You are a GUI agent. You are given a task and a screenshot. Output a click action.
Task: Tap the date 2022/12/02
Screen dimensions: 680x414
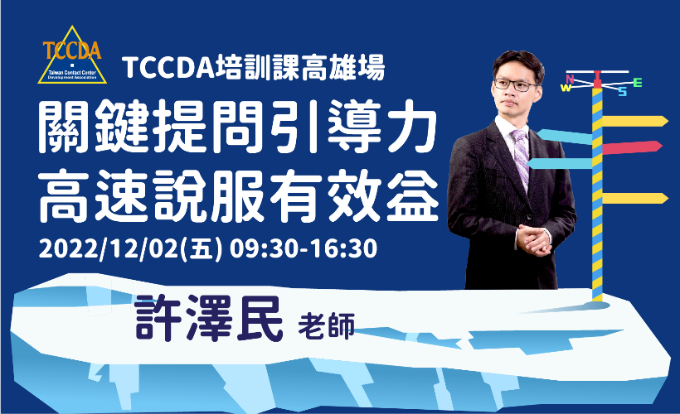point(109,249)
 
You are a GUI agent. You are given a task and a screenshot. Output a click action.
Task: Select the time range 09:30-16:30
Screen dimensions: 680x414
point(304,249)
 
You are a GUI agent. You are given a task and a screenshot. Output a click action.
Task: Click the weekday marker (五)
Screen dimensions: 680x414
point(203,249)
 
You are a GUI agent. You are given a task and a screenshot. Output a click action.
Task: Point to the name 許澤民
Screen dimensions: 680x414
point(209,319)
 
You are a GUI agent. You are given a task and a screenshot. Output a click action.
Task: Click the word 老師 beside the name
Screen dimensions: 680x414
point(327,325)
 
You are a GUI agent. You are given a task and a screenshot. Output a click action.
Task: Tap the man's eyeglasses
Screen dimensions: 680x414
point(515,84)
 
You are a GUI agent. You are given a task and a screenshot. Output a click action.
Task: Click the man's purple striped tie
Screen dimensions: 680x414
point(521,155)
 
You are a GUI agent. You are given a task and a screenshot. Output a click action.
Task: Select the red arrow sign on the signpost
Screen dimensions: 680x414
point(632,147)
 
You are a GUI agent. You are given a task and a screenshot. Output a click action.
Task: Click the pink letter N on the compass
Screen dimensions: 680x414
point(570,79)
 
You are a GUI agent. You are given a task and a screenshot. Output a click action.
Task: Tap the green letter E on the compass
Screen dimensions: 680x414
point(637,82)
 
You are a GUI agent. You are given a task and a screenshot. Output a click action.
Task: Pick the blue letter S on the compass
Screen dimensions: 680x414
point(623,92)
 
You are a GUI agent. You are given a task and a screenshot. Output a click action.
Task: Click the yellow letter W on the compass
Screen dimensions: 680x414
point(566,88)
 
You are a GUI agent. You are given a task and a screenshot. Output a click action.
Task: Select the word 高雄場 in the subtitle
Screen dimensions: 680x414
point(342,68)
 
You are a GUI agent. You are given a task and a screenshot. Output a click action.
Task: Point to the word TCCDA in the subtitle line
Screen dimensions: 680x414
point(168,69)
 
